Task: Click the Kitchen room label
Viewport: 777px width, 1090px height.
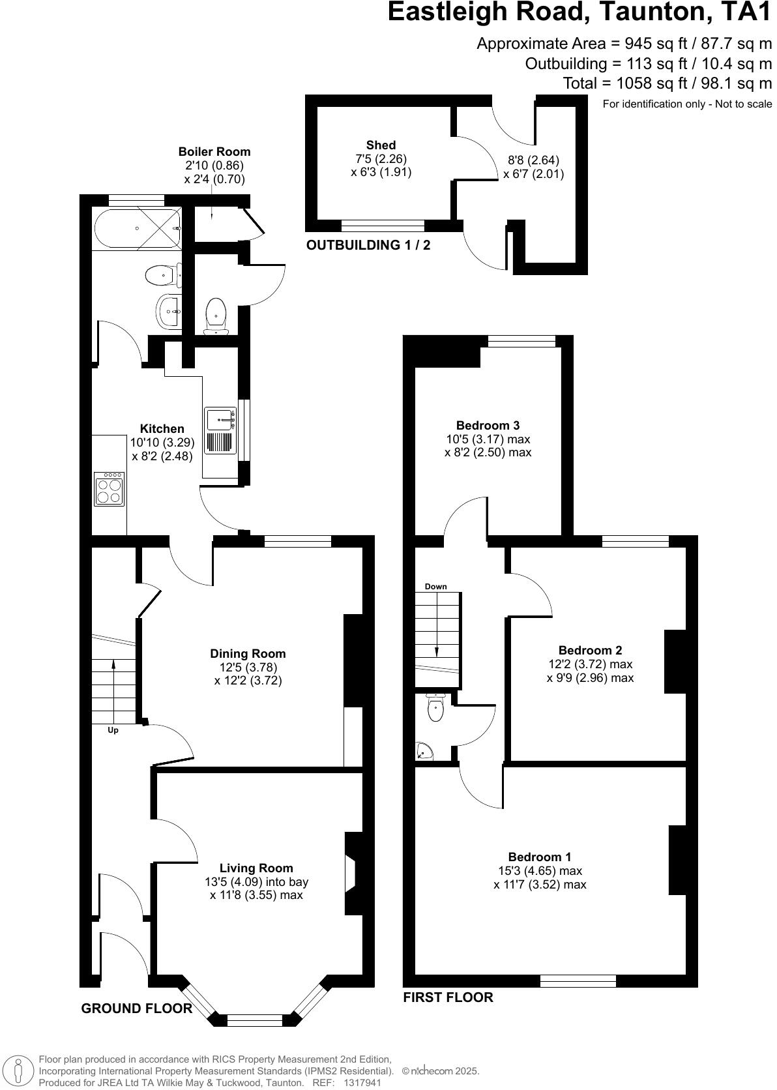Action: point(162,429)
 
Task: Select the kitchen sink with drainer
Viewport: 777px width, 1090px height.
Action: point(220,430)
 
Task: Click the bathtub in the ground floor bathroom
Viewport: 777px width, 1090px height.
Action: point(138,229)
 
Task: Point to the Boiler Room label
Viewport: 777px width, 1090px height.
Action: point(214,151)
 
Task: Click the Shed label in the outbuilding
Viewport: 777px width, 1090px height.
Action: point(381,145)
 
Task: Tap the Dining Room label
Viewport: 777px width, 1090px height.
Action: point(248,654)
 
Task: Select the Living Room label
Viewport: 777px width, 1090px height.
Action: point(256,868)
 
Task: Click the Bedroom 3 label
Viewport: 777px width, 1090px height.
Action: point(488,426)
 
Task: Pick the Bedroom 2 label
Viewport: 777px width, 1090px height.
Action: point(590,650)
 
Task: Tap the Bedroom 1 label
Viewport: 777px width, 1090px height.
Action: point(540,857)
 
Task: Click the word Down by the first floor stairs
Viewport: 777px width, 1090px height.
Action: point(436,587)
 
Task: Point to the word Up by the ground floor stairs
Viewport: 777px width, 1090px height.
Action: point(113,730)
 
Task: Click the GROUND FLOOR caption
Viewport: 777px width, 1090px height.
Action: point(136,1009)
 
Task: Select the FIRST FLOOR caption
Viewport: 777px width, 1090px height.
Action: point(448,997)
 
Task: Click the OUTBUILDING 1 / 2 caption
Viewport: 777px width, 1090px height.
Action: point(368,245)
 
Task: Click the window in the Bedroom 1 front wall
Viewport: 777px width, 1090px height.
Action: point(578,980)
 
